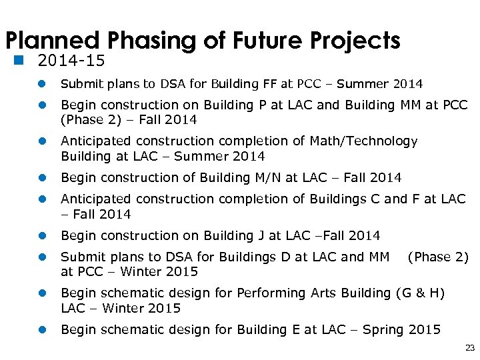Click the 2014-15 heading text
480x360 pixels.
71,61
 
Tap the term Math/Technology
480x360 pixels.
363,141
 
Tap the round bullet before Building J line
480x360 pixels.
42,236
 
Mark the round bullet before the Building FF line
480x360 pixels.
42,85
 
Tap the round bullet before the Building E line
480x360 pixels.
42,330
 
